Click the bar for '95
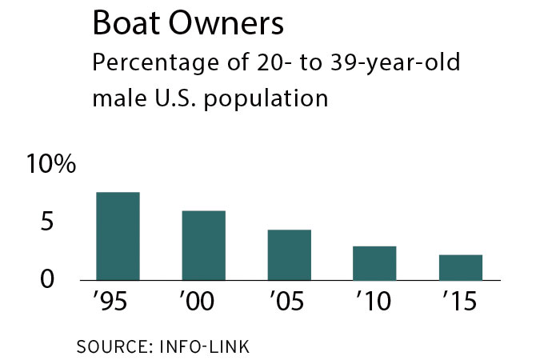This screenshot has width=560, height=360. click(x=118, y=236)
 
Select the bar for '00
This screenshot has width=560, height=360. click(x=204, y=246)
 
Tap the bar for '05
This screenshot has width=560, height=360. click(x=290, y=255)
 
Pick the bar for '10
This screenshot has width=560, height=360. click(x=375, y=263)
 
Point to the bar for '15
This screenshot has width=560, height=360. click(x=461, y=267)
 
